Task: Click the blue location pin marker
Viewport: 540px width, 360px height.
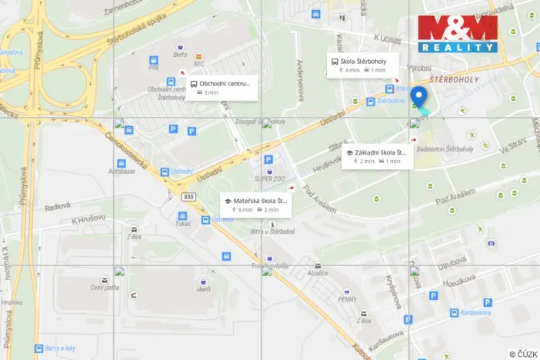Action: [x=418, y=97]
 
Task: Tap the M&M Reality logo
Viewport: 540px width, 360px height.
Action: [x=457, y=33]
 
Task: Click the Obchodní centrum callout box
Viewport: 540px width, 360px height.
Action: [x=221, y=87]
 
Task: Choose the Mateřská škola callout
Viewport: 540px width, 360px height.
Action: [x=255, y=204]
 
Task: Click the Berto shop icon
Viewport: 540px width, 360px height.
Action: [x=181, y=47]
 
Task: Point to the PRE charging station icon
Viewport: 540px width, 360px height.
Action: [x=154, y=59]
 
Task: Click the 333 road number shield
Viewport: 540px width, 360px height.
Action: [x=188, y=197]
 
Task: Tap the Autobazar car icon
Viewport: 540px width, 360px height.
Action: [x=122, y=163]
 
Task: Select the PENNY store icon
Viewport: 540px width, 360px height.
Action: [x=346, y=292]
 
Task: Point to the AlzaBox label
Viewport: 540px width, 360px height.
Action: [x=318, y=273]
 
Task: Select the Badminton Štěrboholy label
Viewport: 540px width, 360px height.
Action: [x=445, y=148]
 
